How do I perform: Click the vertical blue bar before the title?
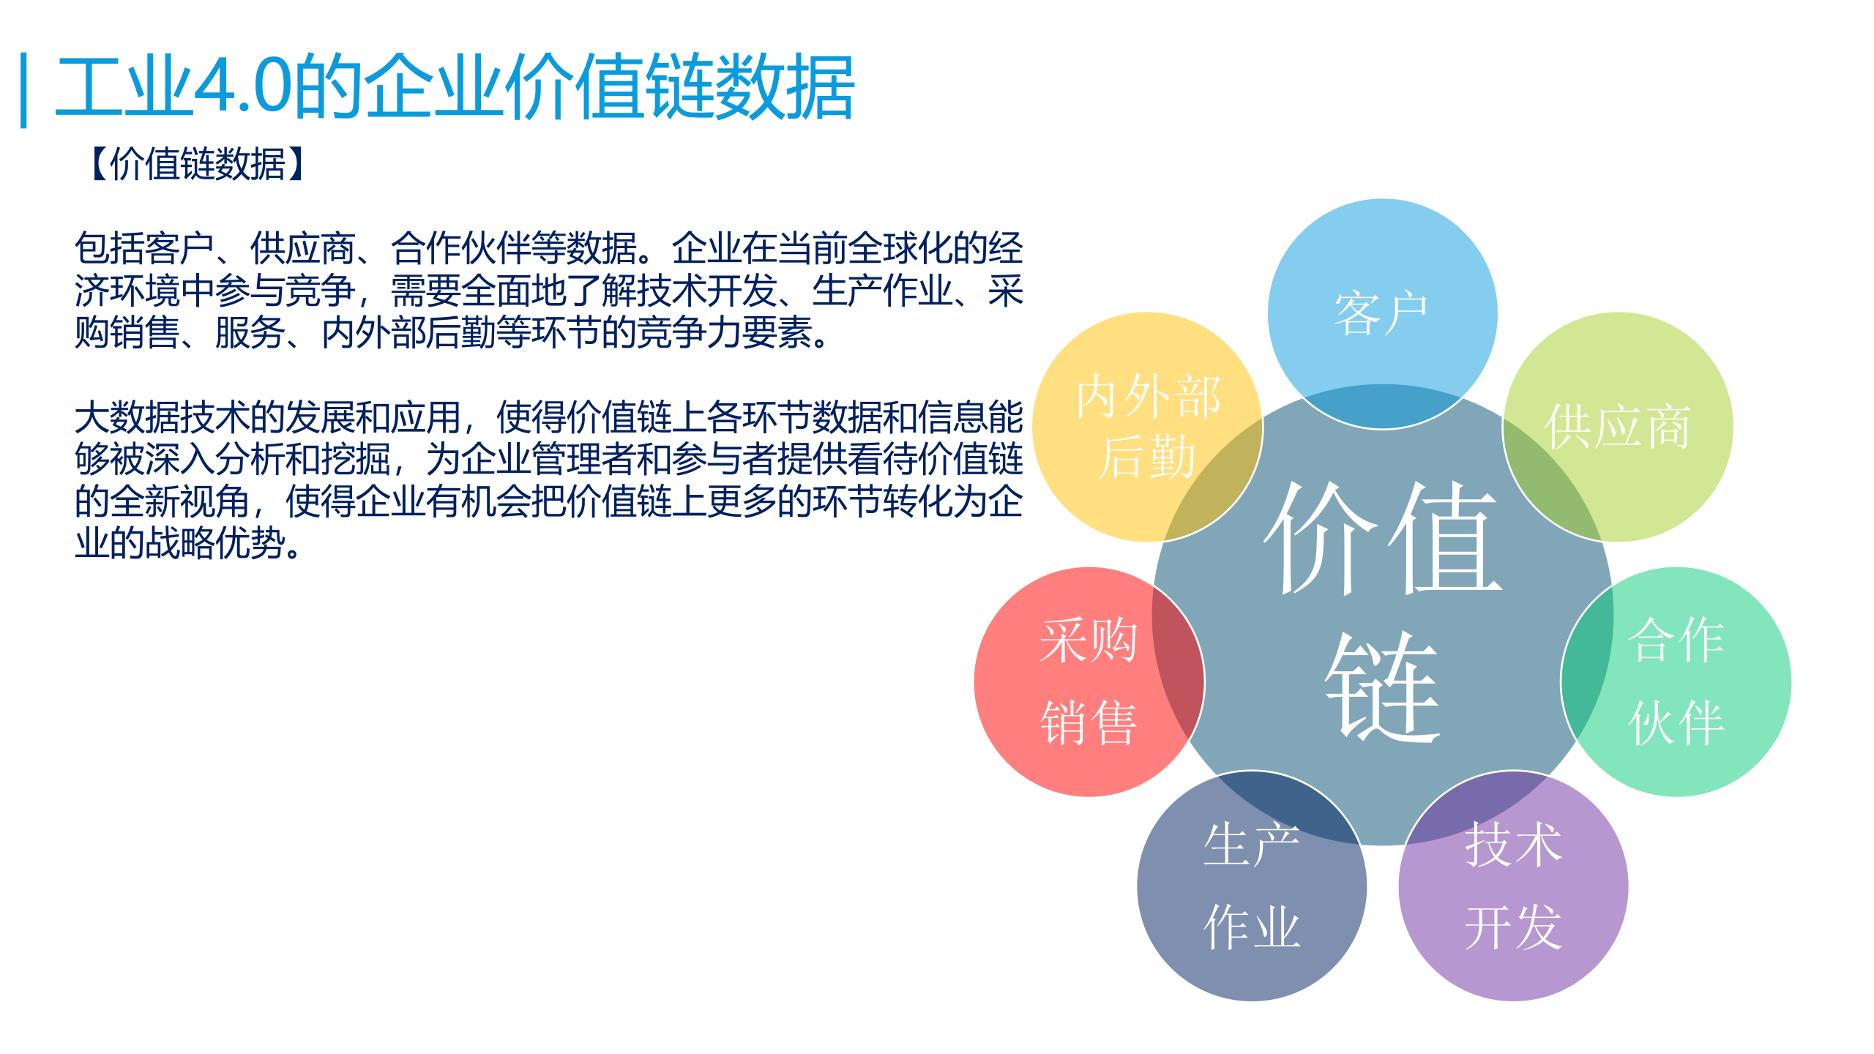tap(24, 89)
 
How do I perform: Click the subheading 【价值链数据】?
tap(198, 164)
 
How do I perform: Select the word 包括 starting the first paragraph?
tap(109, 248)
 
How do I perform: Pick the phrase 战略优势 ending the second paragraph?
tap(215, 543)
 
